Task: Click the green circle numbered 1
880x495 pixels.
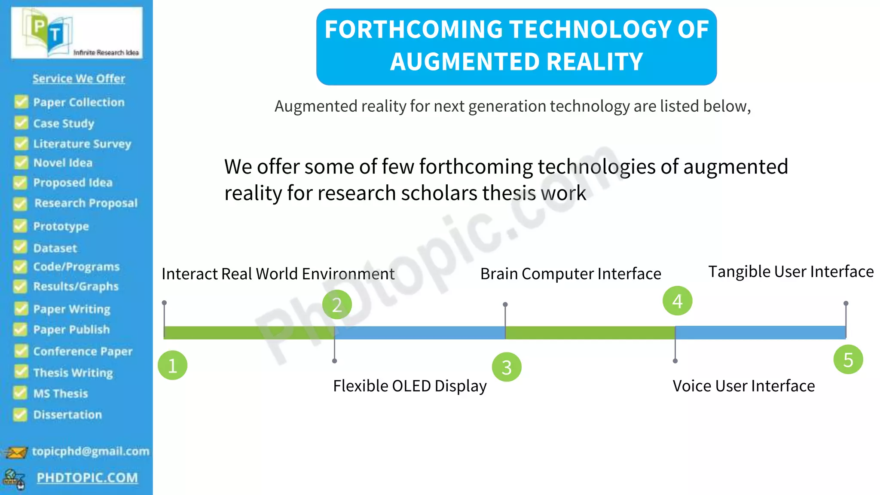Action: [172, 366]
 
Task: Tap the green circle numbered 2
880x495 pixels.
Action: [337, 305]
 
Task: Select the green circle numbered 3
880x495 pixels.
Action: [507, 367]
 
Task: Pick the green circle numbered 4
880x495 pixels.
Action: [677, 301]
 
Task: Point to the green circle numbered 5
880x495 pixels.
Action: [848, 360]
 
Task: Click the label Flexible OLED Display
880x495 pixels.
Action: [409, 386]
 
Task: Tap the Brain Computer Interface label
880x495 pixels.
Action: [570, 274]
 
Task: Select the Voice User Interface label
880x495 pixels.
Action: [743, 386]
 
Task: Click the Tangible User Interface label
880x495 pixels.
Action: [791, 272]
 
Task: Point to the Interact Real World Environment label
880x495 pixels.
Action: [278, 274]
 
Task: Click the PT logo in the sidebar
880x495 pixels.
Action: [76, 33]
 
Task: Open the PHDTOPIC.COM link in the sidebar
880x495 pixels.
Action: [87, 478]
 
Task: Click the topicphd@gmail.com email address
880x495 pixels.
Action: [91, 451]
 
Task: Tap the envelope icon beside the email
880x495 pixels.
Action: [15, 452]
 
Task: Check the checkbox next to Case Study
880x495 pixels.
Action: [21, 123]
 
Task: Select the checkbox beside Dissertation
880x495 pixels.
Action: [20, 415]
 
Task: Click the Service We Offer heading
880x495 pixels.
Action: [79, 79]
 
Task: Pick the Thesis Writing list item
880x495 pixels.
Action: [73, 373]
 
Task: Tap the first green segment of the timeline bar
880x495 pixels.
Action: [249, 333]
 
